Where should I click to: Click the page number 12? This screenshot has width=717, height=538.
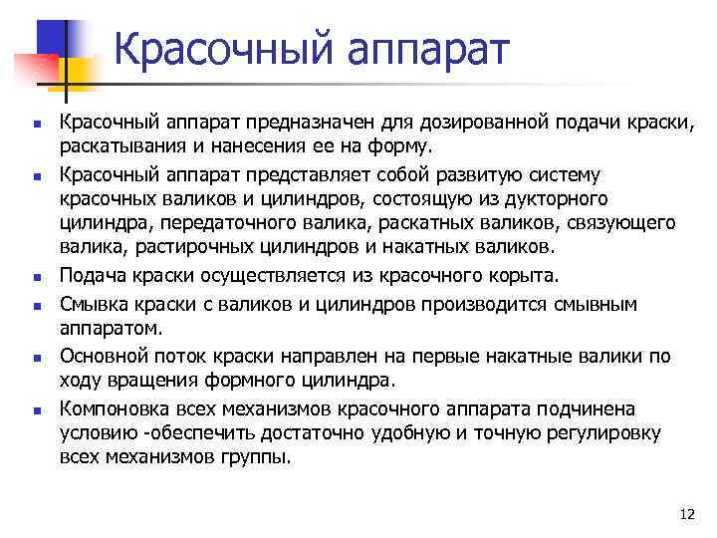click(x=685, y=514)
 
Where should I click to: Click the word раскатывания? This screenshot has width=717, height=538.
click(x=119, y=148)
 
